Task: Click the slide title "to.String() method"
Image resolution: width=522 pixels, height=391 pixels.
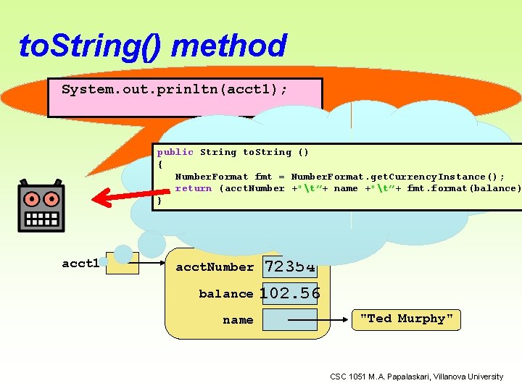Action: [x=153, y=46]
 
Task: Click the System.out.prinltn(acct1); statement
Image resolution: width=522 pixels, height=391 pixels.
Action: [x=174, y=90]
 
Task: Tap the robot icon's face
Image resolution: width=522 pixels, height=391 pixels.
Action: [x=41, y=206]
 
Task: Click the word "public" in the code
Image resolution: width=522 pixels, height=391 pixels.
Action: [x=175, y=152]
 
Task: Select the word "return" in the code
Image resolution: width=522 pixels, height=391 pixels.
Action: [x=194, y=188]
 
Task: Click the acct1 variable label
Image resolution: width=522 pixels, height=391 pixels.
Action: [x=80, y=264]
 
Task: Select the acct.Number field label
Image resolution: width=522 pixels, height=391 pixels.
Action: [x=215, y=267]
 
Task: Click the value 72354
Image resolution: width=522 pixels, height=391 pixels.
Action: [x=290, y=267]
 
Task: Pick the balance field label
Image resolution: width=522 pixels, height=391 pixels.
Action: [x=226, y=294]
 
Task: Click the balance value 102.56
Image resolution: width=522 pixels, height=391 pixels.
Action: [x=290, y=293]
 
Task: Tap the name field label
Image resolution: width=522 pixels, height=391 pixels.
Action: [x=238, y=320]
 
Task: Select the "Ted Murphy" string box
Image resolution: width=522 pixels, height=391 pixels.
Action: [x=406, y=319]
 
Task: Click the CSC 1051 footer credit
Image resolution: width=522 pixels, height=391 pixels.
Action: [x=416, y=377]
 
